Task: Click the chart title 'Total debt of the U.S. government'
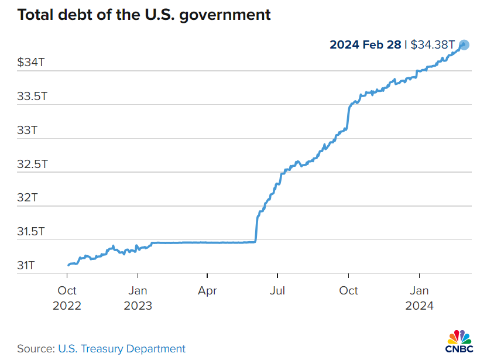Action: (x=144, y=15)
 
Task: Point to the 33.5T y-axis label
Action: (x=32, y=96)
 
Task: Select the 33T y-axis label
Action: (x=27, y=130)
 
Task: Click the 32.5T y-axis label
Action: (x=32, y=164)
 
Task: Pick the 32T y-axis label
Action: (x=27, y=198)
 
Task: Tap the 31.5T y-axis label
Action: (x=32, y=232)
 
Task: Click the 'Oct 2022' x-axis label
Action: (x=67, y=298)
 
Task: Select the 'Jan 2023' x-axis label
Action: (x=138, y=298)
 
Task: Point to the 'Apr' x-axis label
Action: (x=208, y=290)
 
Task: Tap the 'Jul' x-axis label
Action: (x=278, y=290)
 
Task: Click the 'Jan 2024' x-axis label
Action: (x=419, y=298)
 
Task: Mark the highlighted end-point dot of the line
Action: (x=464, y=44)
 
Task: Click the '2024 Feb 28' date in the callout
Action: (x=365, y=44)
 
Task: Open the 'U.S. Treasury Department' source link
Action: (x=122, y=349)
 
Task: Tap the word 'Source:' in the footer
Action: (x=36, y=349)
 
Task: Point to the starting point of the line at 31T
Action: (x=68, y=265)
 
